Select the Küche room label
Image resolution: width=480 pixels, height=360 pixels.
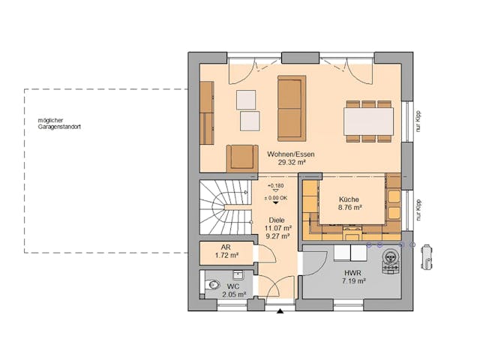[x=349, y=199]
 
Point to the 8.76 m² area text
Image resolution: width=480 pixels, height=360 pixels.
[x=349, y=207]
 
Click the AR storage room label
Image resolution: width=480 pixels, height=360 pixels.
[x=225, y=247]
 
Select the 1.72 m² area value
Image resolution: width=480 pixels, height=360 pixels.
[x=226, y=255]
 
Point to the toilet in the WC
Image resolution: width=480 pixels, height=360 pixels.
[x=213, y=285]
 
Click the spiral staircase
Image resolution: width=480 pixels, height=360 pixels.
[x=223, y=206]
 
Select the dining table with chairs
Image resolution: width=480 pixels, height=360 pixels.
[x=367, y=120]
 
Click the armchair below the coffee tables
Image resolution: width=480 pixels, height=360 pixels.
[x=241, y=157]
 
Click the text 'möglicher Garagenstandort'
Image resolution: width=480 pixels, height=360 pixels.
[x=61, y=124]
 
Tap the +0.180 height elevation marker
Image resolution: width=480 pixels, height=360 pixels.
[x=275, y=185]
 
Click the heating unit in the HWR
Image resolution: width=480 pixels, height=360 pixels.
[x=390, y=259]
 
